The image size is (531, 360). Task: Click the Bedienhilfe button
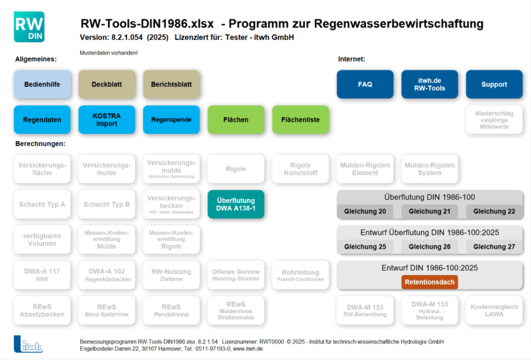(43, 84)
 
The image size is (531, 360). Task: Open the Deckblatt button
(106, 84)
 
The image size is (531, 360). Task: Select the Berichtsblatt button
(171, 84)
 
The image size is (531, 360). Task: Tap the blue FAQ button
(365, 84)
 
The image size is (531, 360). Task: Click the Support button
(494, 84)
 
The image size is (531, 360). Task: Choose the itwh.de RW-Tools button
(429, 84)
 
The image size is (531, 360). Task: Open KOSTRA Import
(106, 120)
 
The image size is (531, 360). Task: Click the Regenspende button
(171, 120)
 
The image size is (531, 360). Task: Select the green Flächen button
(236, 120)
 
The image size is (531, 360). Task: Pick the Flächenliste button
(301, 120)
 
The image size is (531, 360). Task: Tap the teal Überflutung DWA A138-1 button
(236, 204)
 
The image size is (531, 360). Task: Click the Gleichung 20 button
(365, 211)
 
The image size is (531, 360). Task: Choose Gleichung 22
(494, 211)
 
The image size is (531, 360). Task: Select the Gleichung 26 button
(429, 247)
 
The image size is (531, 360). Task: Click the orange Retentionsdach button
(429, 282)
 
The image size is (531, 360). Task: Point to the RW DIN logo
(29, 26)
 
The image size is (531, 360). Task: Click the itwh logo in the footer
(28, 344)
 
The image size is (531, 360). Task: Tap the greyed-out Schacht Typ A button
(43, 205)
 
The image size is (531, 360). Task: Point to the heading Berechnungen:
(40, 144)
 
